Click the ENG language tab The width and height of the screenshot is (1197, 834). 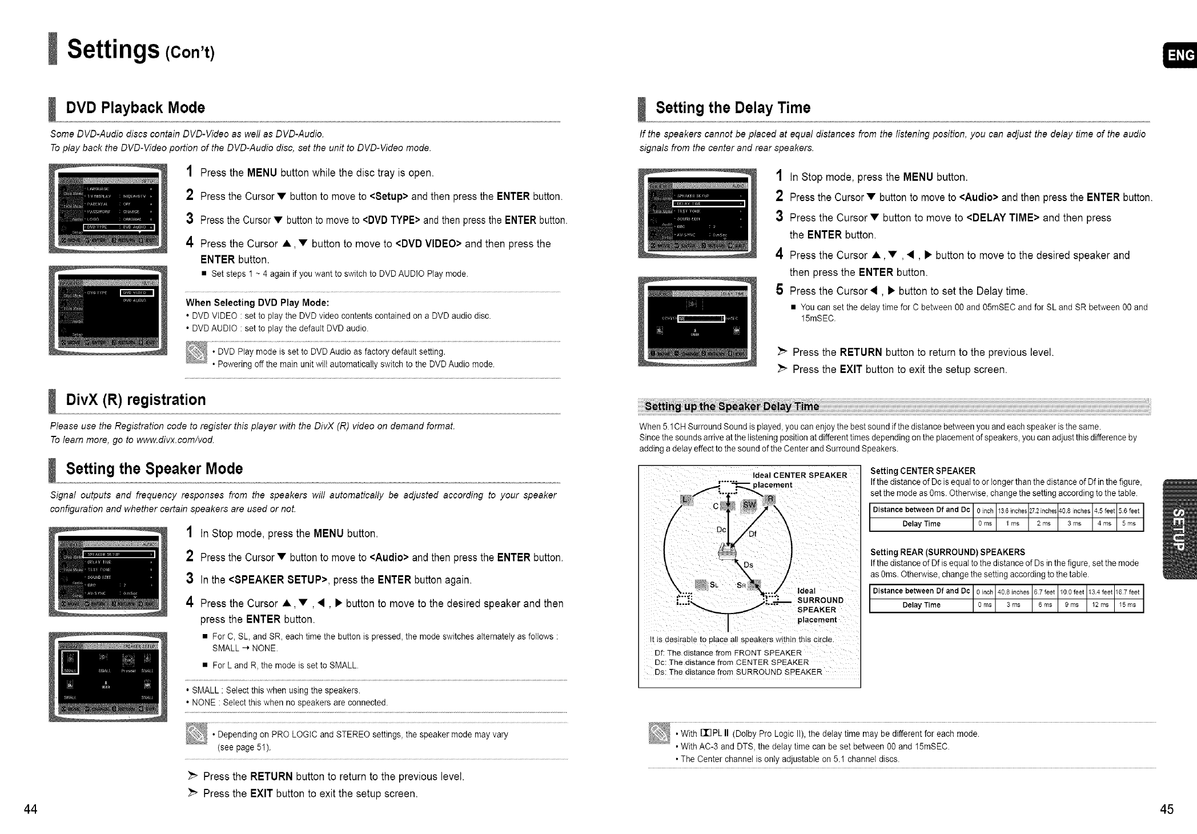coord(1180,55)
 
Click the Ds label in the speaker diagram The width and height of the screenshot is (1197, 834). coord(748,565)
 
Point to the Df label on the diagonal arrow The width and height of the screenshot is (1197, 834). coord(752,534)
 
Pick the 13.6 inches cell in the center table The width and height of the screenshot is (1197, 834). coord(1012,511)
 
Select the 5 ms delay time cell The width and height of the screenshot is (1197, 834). coord(1129,524)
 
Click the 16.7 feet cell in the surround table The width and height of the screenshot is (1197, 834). coord(1129,592)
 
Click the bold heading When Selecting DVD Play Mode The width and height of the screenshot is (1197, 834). coord(258,303)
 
